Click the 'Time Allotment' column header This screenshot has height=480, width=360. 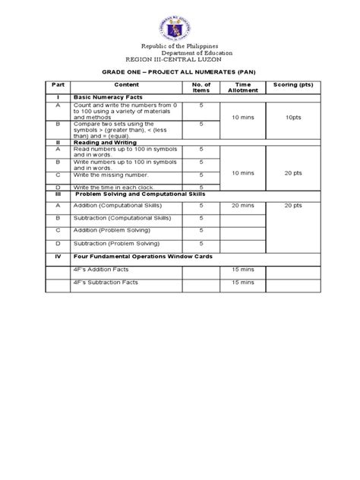pyautogui.click(x=242, y=87)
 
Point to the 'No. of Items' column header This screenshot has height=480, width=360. pyautogui.click(x=201, y=87)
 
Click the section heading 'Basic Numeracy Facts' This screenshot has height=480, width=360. pyautogui.click(x=104, y=98)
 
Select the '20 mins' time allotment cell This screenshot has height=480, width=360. pyautogui.click(x=242, y=205)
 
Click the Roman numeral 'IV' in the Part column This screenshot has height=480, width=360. pyautogui.click(x=58, y=256)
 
